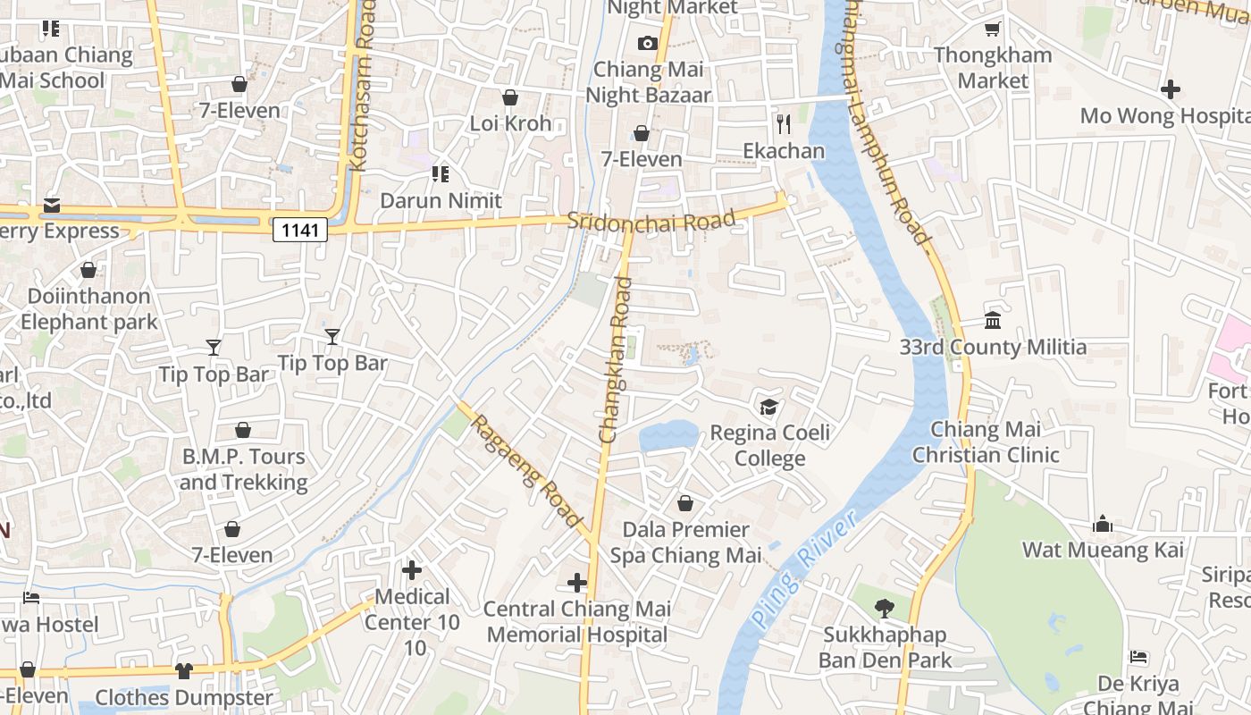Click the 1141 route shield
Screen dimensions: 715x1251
click(299, 231)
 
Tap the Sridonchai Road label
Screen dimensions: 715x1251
click(651, 220)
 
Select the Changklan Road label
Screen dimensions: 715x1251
click(616, 360)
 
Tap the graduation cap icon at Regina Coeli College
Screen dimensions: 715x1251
click(768, 408)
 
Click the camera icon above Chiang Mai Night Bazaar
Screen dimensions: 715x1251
click(648, 43)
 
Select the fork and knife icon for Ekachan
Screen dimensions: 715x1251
click(784, 123)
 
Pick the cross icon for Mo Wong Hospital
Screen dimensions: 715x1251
click(1171, 89)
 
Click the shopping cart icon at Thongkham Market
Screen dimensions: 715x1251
click(992, 29)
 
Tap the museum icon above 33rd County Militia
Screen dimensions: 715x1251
click(993, 320)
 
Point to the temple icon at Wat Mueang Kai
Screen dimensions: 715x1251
click(1103, 524)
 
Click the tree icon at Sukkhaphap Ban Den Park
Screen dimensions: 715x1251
click(884, 609)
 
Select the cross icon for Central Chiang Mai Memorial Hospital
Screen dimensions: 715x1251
click(577, 583)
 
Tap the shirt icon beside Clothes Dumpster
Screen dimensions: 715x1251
click(184, 670)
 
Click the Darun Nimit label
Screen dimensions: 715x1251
click(441, 200)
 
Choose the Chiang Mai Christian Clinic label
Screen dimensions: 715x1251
click(986, 442)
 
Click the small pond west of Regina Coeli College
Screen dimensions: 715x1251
click(669, 436)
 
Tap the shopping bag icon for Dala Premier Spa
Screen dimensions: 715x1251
click(685, 503)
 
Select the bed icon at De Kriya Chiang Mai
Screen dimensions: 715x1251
click(1138, 657)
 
